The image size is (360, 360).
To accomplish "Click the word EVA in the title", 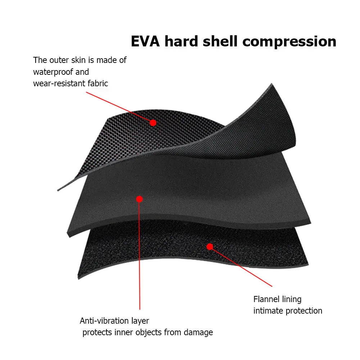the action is [x=145, y=41].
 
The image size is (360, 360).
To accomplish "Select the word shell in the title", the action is [x=220, y=41].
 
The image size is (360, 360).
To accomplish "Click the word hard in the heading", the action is [x=181, y=41].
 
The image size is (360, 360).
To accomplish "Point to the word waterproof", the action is [x=53, y=72].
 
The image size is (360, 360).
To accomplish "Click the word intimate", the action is [x=268, y=311].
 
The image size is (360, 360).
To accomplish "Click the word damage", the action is [x=199, y=333].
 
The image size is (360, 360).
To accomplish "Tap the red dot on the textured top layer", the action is [x=153, y=123].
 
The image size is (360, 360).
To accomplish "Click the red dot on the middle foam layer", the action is [x=140, y=199].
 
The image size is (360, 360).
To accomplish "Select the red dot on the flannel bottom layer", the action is [x=210, y=247].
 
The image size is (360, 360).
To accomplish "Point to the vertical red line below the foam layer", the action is [x=140, y=254].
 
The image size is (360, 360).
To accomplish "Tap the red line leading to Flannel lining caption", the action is [x=241, y=266].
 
